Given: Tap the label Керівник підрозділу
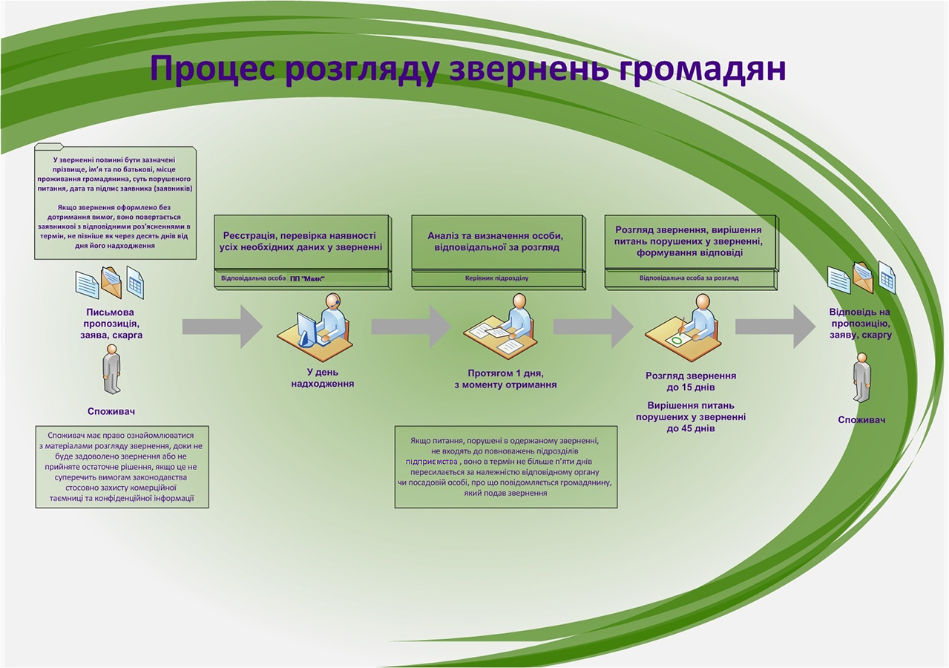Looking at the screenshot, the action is coord(496,278).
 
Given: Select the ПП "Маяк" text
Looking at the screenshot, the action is coord(307,279).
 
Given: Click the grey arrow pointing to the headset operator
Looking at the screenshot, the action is coord(223,327).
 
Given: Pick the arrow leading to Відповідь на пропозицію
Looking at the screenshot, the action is coord(775,327).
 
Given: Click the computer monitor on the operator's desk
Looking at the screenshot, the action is coord(306,329).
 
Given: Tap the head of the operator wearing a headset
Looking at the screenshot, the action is coord(333,301).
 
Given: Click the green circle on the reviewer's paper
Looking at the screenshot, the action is coord(677,340).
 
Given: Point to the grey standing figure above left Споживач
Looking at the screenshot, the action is coord(112,369).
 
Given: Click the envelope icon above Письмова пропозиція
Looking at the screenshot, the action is coord(111,282).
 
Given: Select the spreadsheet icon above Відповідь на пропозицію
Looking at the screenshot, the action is coord(887,277).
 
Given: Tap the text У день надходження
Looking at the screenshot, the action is coord(323,378).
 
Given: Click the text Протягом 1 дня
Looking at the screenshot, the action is coord(505,373).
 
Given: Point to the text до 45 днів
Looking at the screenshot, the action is coord(691,428).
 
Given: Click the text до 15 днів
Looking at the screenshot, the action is coord(691,387).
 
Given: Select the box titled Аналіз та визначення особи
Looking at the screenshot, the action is coord(499,252).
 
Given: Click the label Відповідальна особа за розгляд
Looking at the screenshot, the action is coord(689,278).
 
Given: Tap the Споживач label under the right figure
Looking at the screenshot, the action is coord(861,420).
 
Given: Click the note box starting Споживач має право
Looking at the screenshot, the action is coord(122,467).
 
